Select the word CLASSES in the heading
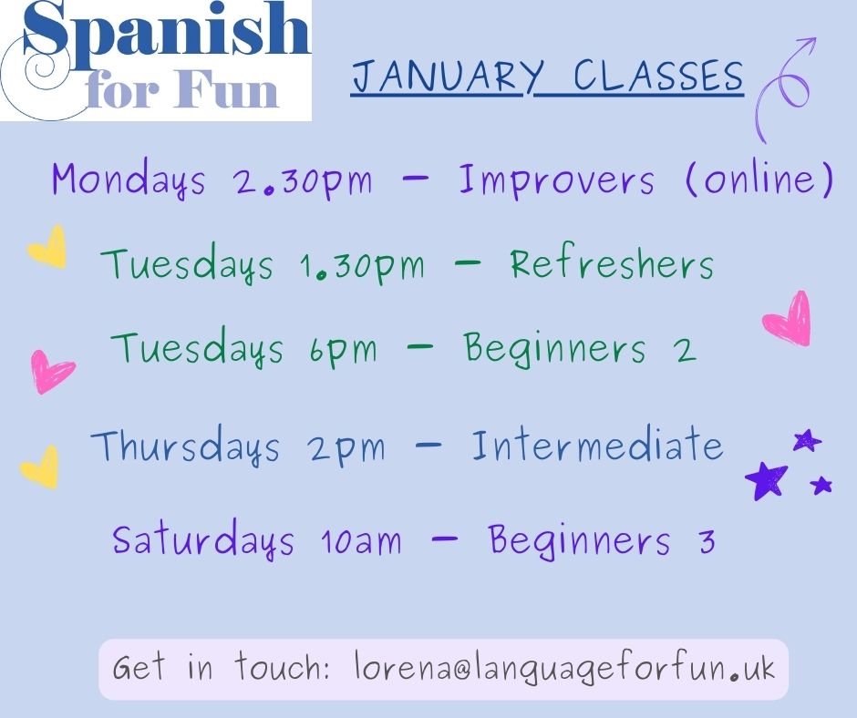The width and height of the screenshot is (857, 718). tap(658, 77)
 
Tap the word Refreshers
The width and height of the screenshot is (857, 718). tap(611, 264)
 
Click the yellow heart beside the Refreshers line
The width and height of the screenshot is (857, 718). tap(47, 247)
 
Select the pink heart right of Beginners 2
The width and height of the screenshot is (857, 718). tap(787, 318)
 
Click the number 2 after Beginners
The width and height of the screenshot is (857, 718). tap(686, 349)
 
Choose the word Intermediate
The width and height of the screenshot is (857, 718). tap(596, 446)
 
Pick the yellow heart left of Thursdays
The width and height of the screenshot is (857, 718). tap(41, 466)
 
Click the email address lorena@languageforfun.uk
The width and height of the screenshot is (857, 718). tap(563, 669)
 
